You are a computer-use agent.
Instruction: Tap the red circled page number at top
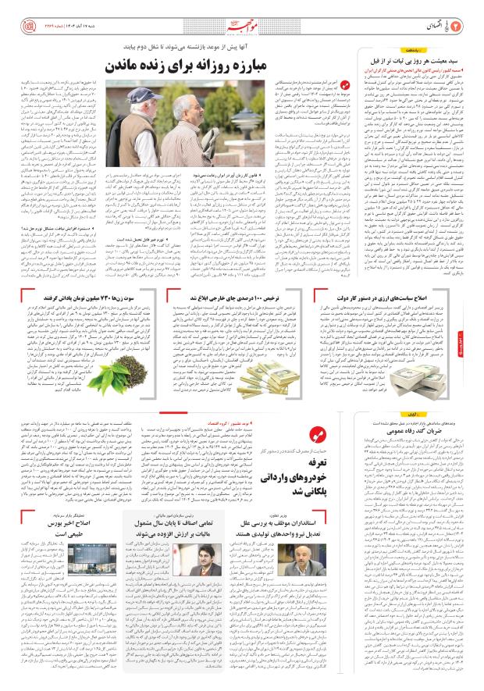[472, 13]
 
